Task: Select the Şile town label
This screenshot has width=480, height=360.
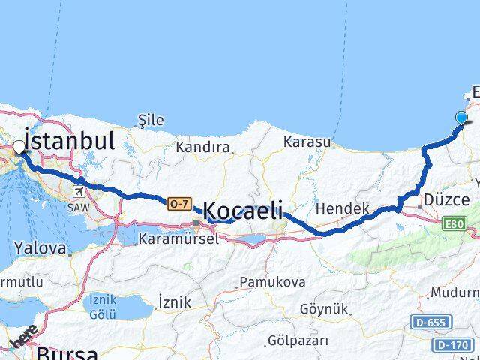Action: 151,120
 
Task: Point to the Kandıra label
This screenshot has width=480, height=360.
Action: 202,148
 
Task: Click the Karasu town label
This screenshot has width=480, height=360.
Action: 307,142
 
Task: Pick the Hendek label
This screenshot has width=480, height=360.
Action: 343,208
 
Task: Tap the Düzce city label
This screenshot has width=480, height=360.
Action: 446,200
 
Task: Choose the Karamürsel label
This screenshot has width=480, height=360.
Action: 178,239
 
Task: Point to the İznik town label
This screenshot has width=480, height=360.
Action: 174,302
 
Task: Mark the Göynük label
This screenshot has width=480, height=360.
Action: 324,308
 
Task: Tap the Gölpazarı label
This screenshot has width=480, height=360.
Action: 298,340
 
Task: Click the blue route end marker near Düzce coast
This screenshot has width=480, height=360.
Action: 460,117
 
